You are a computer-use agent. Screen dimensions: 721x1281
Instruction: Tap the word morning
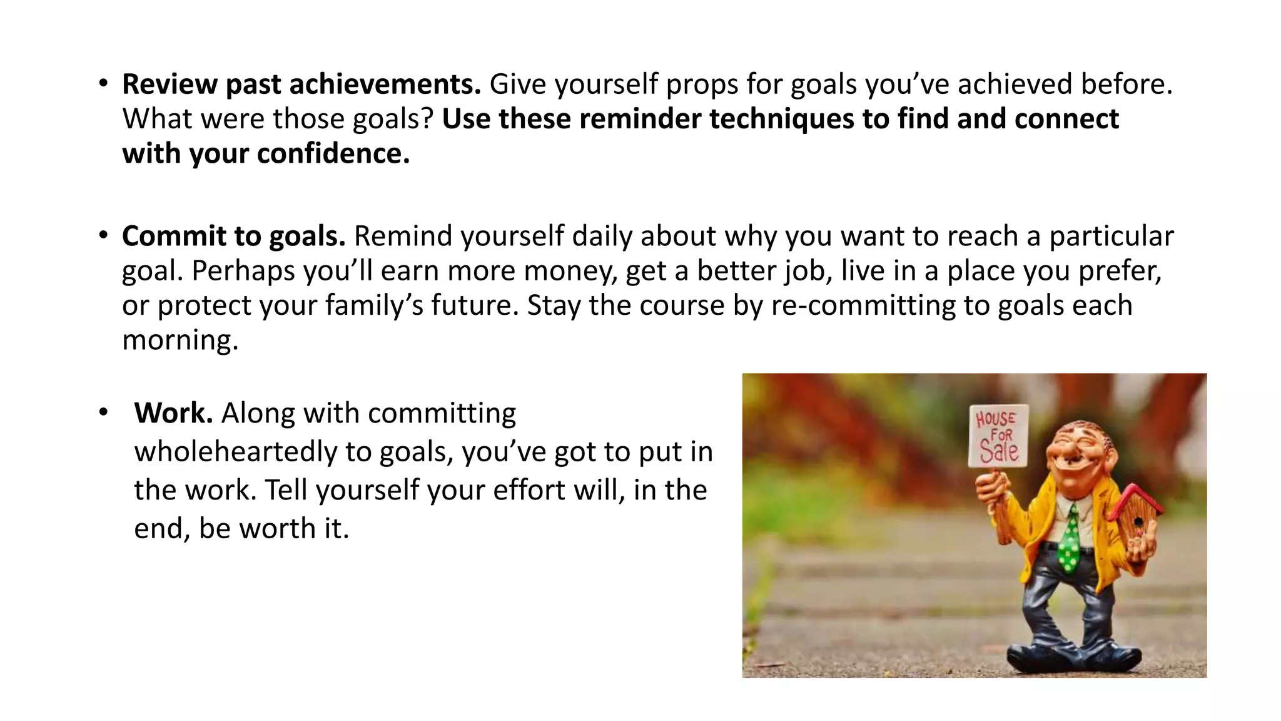[180, 340]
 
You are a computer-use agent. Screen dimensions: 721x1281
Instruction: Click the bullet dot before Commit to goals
[103, 236]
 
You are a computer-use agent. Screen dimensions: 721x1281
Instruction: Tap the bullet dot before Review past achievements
[103, 84]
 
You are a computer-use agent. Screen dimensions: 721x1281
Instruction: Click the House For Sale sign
[998, 436]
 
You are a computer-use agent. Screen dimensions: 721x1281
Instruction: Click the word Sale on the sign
[999, 451]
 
